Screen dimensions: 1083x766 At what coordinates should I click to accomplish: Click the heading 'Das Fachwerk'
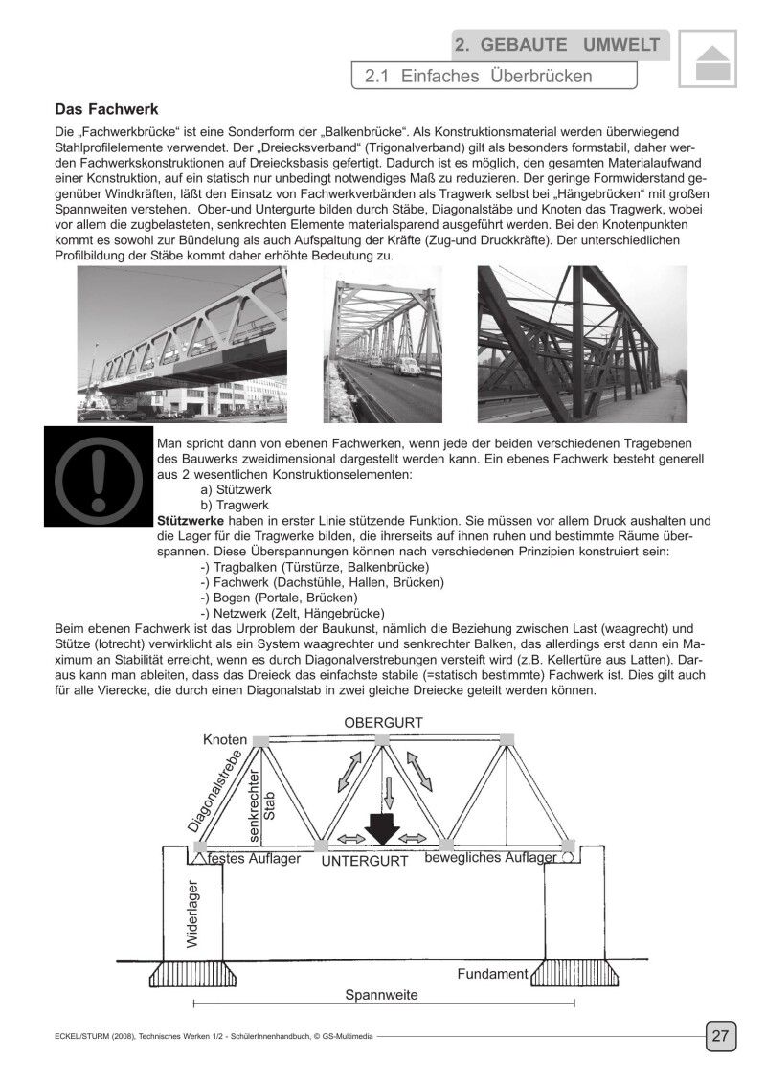(x=105, y=110)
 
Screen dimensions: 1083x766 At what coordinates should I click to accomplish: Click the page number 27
(x=720, y=1035)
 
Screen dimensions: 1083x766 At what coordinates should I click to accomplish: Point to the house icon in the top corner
(x=708, y=61)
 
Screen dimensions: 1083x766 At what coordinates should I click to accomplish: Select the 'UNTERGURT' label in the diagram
(x=364, y=861)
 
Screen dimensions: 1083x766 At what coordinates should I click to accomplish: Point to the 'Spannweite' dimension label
(x=381, y=995)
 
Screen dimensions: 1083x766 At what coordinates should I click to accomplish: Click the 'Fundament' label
(x=492, y=974)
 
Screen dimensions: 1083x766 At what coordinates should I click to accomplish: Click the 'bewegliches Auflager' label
(x=490, y=858)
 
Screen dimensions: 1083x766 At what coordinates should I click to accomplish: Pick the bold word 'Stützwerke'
(x=183, y=520)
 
